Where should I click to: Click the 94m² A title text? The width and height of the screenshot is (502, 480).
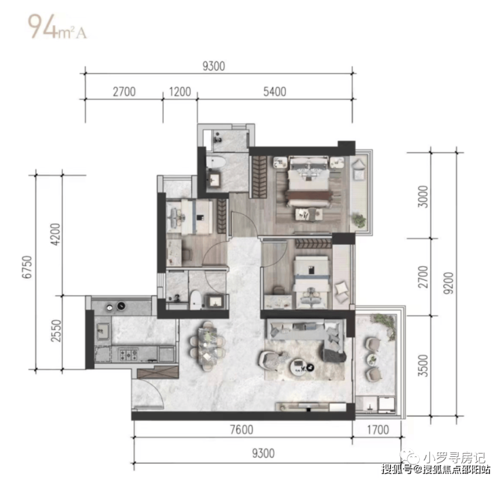pos(57,26)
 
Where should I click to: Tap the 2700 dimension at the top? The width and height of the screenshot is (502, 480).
pos(124,92)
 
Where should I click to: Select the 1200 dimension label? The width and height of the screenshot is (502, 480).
pos(180,92)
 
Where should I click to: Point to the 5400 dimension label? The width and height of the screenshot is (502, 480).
pos(275,92)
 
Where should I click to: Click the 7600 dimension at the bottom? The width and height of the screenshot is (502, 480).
pos(242,429)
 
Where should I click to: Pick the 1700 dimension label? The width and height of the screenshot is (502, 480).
pos(378,429)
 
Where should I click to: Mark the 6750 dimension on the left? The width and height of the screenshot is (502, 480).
pos(27,267)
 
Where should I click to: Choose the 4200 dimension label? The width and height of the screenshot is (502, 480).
pos(56,235)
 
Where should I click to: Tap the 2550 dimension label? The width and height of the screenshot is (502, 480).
pos(56,331)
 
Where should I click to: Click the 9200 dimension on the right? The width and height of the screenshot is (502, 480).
pos(449,283)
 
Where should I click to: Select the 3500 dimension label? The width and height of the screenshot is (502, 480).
pos(423,365)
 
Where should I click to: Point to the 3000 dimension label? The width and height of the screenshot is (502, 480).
pos(423,197)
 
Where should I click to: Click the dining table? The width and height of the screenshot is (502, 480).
pos(208,346)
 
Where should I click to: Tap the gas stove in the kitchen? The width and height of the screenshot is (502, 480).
pos(128,355)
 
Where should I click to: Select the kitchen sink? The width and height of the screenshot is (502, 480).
pos(103,331)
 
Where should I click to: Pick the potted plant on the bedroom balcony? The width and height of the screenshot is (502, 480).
pos(359,220)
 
